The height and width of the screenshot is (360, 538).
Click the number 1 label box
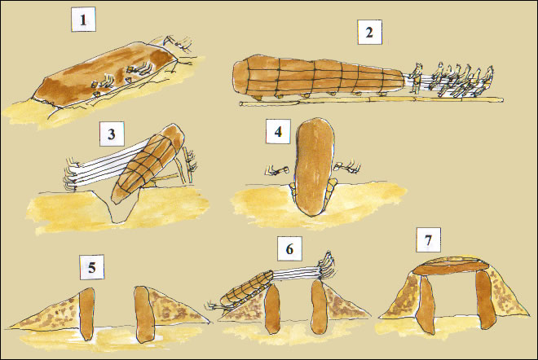[x=83, y=20]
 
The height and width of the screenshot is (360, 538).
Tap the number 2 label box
[x=369, y=33]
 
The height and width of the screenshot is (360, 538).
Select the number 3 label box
[x=112, y=134]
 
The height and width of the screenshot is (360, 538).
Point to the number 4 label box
[x=278, y=131]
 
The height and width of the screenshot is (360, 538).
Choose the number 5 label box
[x=92, y=267]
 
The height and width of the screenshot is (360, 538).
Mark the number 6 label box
[x=290, y=249]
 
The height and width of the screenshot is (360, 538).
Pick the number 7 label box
[x=428, y=240]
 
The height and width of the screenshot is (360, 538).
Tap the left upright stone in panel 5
[x=86, y=314]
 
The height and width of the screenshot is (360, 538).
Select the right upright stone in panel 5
[x=143, y=314]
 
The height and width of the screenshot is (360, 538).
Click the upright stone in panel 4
[x=314, y=167]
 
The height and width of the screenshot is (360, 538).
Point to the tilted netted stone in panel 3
[x=148, y=163]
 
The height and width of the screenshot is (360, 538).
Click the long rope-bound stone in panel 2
[x=321, y=77]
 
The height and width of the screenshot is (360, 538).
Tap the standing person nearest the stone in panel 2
[x=417, y=78]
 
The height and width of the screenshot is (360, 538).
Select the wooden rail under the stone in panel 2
[x=371, y=100]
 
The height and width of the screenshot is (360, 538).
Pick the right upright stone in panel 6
[x=318, y=306]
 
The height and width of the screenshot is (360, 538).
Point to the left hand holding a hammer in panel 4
[x=276, y=170]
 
